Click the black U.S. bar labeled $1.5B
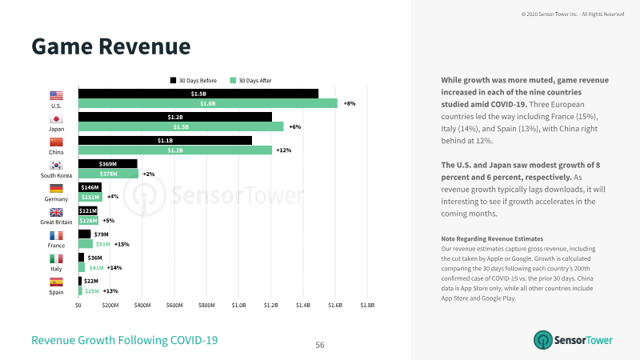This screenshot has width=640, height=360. [x=198, y=94]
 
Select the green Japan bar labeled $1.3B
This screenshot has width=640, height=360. [x=181, y=126]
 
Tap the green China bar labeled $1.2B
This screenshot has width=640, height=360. [x=175, y=150]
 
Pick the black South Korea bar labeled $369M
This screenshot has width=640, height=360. [x=108, y=164]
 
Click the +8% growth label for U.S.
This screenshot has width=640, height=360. [x=350, y=104]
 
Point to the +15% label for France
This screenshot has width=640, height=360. [x=122, y=245]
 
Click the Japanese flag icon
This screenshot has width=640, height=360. [x=56, y=118]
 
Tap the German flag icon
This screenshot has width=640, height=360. [x=56, y=189]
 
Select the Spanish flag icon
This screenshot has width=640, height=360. [x=56, y=282]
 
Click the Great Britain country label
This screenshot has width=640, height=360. [x=56, y=222]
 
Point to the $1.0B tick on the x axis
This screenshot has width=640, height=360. [x=238, y=305]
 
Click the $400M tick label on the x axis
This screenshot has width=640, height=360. [x=142, y=305]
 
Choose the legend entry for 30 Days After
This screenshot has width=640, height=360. [x=251, y=81]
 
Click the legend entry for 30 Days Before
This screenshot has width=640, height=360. [x=194, y=81]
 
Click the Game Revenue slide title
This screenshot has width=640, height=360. [x=111, y=46]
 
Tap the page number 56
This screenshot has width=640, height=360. [x=320, y=345]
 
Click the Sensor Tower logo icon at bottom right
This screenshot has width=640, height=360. [x=543, y=340]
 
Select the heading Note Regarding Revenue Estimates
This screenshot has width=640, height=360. [x=492, y=238]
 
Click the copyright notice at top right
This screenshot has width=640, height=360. [x=573, y=14]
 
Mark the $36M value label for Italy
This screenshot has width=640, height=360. [x=94, y=258]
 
